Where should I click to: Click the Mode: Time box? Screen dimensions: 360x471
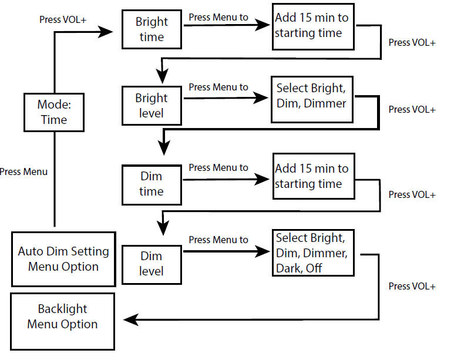53,112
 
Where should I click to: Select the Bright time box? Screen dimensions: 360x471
151,29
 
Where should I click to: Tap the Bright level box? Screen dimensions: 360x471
151,105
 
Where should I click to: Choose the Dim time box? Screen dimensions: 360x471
151,184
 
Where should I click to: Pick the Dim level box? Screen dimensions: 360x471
151,264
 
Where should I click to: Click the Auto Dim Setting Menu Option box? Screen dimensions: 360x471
63,259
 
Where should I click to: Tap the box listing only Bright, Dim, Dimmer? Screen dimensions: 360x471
312,99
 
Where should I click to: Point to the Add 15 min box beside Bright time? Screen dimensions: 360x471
314,26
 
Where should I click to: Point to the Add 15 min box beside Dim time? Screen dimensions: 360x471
314,177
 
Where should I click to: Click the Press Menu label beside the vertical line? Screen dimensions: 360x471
23,172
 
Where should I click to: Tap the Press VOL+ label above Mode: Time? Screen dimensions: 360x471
63,19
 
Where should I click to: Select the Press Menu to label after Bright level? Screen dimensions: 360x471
218,88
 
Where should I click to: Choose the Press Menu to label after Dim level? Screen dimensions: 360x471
218,240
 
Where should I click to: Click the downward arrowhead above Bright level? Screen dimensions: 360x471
162,76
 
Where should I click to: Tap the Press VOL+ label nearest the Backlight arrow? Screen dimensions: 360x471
412,287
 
